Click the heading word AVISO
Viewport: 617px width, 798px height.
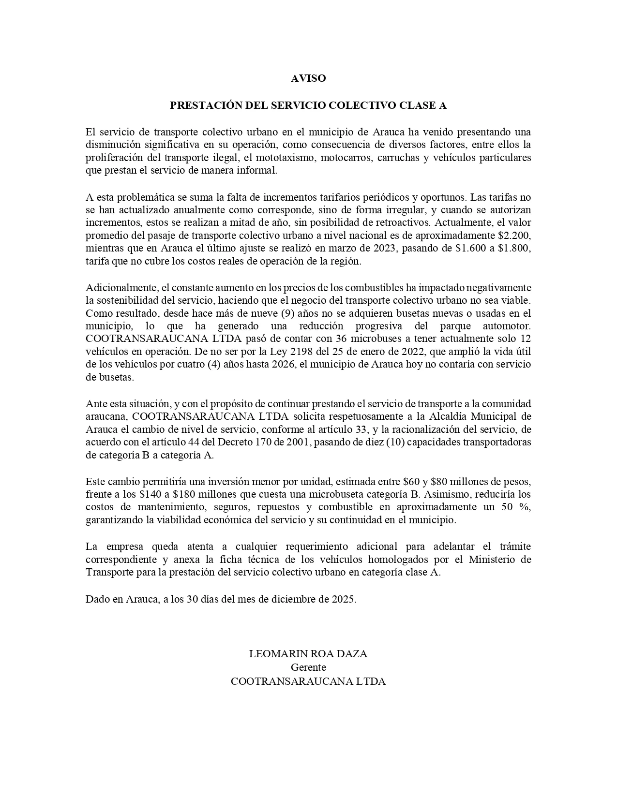pyautogui.click(x=308, y=78)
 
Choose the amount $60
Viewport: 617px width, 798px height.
pyautogui.click(x=411, y=482)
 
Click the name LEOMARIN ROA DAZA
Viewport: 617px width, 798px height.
pyautogui.click(x=308, y=654)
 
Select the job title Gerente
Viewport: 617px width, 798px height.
pyautogui.click(x=308, y=667)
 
